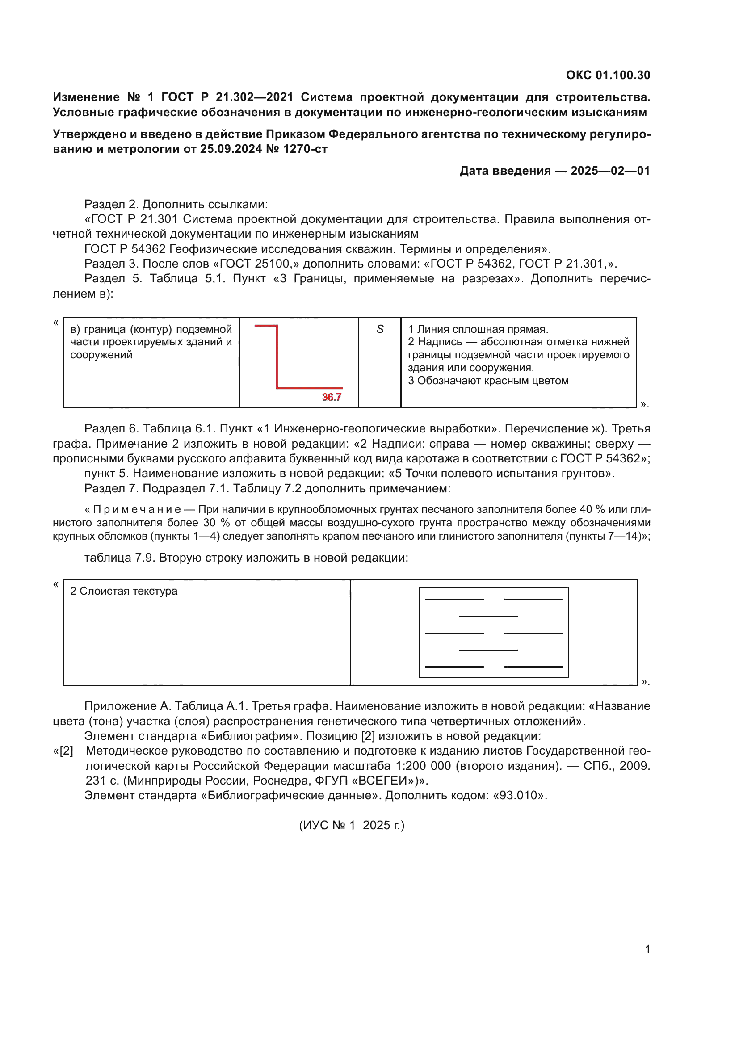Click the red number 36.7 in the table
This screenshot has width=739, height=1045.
(x=331, y=397)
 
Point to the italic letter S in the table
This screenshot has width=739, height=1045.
(x=380, y=329)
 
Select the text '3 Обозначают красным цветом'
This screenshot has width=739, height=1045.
(x=488, y=381)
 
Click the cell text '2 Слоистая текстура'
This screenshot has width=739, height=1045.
(x=123, y=591)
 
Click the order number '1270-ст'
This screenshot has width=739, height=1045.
(x=305, y=149)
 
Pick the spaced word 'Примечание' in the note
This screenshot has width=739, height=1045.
(x=137, y=509)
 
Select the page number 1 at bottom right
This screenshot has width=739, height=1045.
(x=647, y=949)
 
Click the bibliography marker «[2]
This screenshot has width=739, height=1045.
(x=63, y=751)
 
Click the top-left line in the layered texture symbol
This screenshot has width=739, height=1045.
(x=453, y=600)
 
